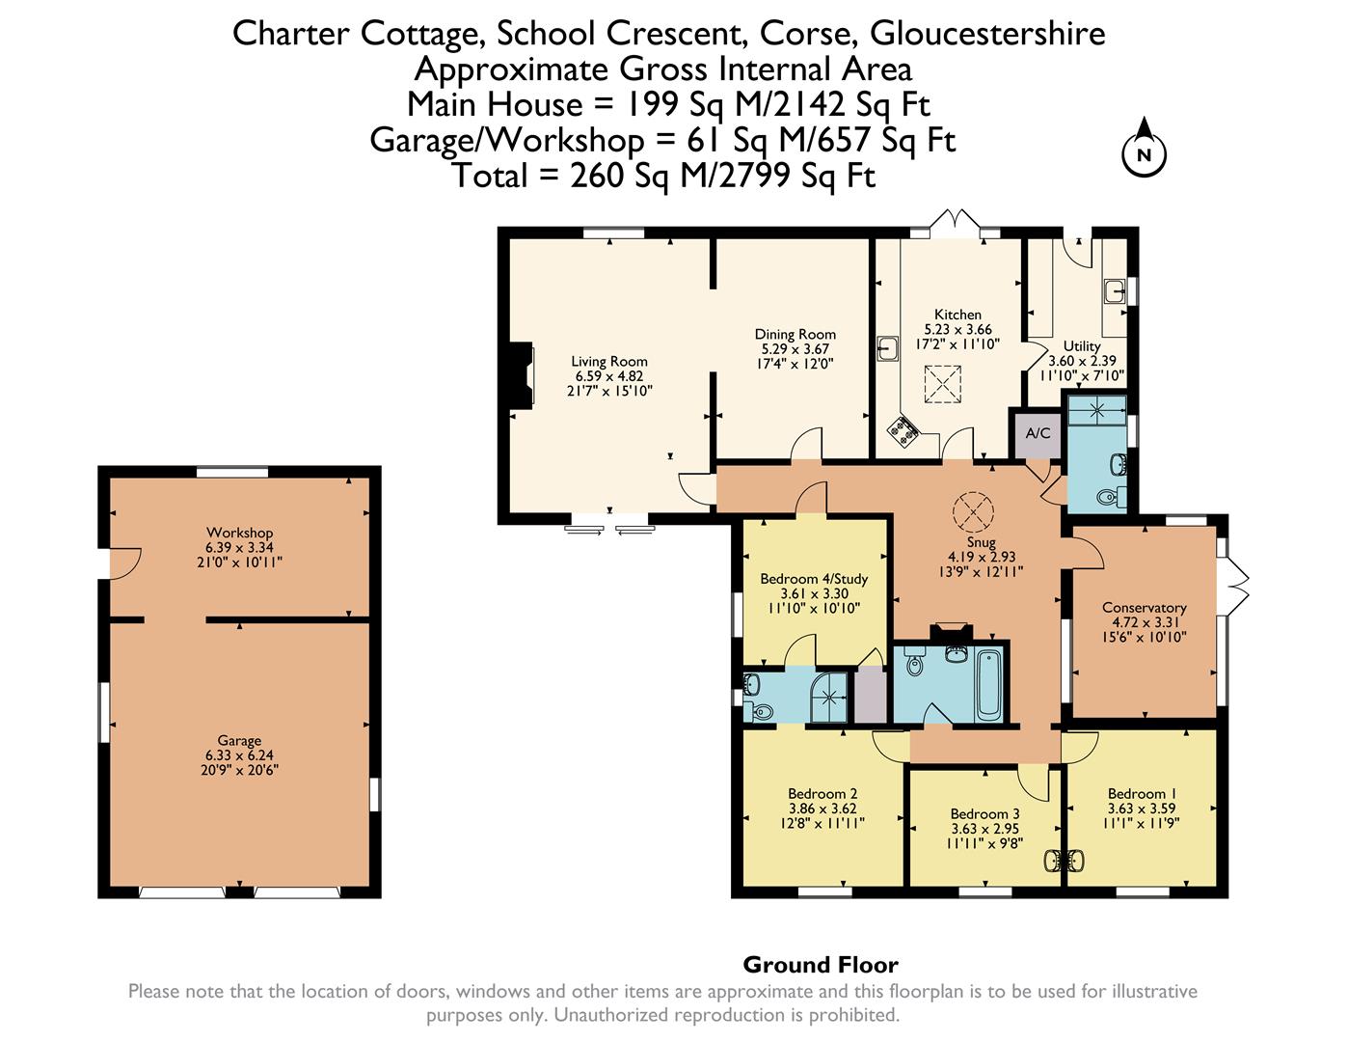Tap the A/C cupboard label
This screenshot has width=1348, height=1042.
1038,432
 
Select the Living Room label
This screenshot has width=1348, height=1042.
609,361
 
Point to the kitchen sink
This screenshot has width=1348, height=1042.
888,348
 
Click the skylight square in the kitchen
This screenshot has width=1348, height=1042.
942,384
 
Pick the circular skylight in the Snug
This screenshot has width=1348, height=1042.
973,512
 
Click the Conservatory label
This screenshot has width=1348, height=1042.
1144,608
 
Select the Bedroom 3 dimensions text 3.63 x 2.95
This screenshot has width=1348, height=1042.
985,829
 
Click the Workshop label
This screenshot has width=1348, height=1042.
239,533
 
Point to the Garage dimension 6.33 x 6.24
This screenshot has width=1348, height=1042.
239,755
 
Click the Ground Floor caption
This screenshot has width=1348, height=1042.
821,965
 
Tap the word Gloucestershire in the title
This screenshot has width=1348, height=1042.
987,33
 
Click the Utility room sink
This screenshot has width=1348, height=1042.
1115,291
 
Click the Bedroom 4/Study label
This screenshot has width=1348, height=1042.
814,579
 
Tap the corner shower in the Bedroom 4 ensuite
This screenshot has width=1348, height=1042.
829,698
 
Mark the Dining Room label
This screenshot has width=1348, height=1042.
795,334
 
